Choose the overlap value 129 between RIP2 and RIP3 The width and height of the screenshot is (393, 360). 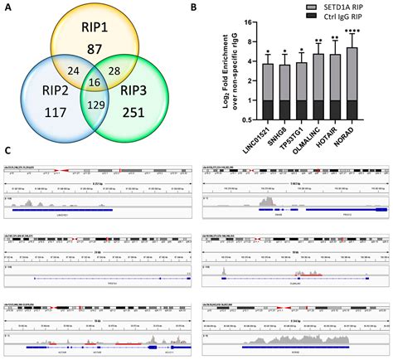click(x=98, y=105)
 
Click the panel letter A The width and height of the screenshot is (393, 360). click(x=8, y=7)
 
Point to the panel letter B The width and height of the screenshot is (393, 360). click(x=216, y=7)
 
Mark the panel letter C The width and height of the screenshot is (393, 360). click(x=8, y=151)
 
